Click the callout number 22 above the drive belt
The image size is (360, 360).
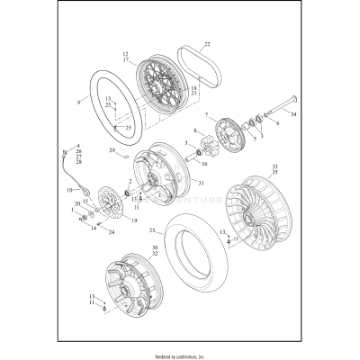[x=206, y=44]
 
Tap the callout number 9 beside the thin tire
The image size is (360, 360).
[x=78, y=103]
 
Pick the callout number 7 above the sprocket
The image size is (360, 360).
[x=205, y=115]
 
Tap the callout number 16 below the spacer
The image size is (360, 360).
[x=205, y=166]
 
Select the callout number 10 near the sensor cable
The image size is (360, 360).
[x=68, y=190]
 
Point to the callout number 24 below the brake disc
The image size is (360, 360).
[x=112, y=232]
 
